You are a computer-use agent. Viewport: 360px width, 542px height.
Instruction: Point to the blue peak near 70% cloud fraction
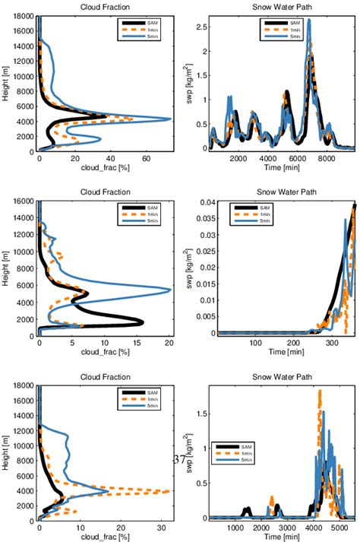(x=169, y=119)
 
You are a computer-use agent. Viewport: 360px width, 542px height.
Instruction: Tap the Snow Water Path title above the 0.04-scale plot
(x=282, y=193)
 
